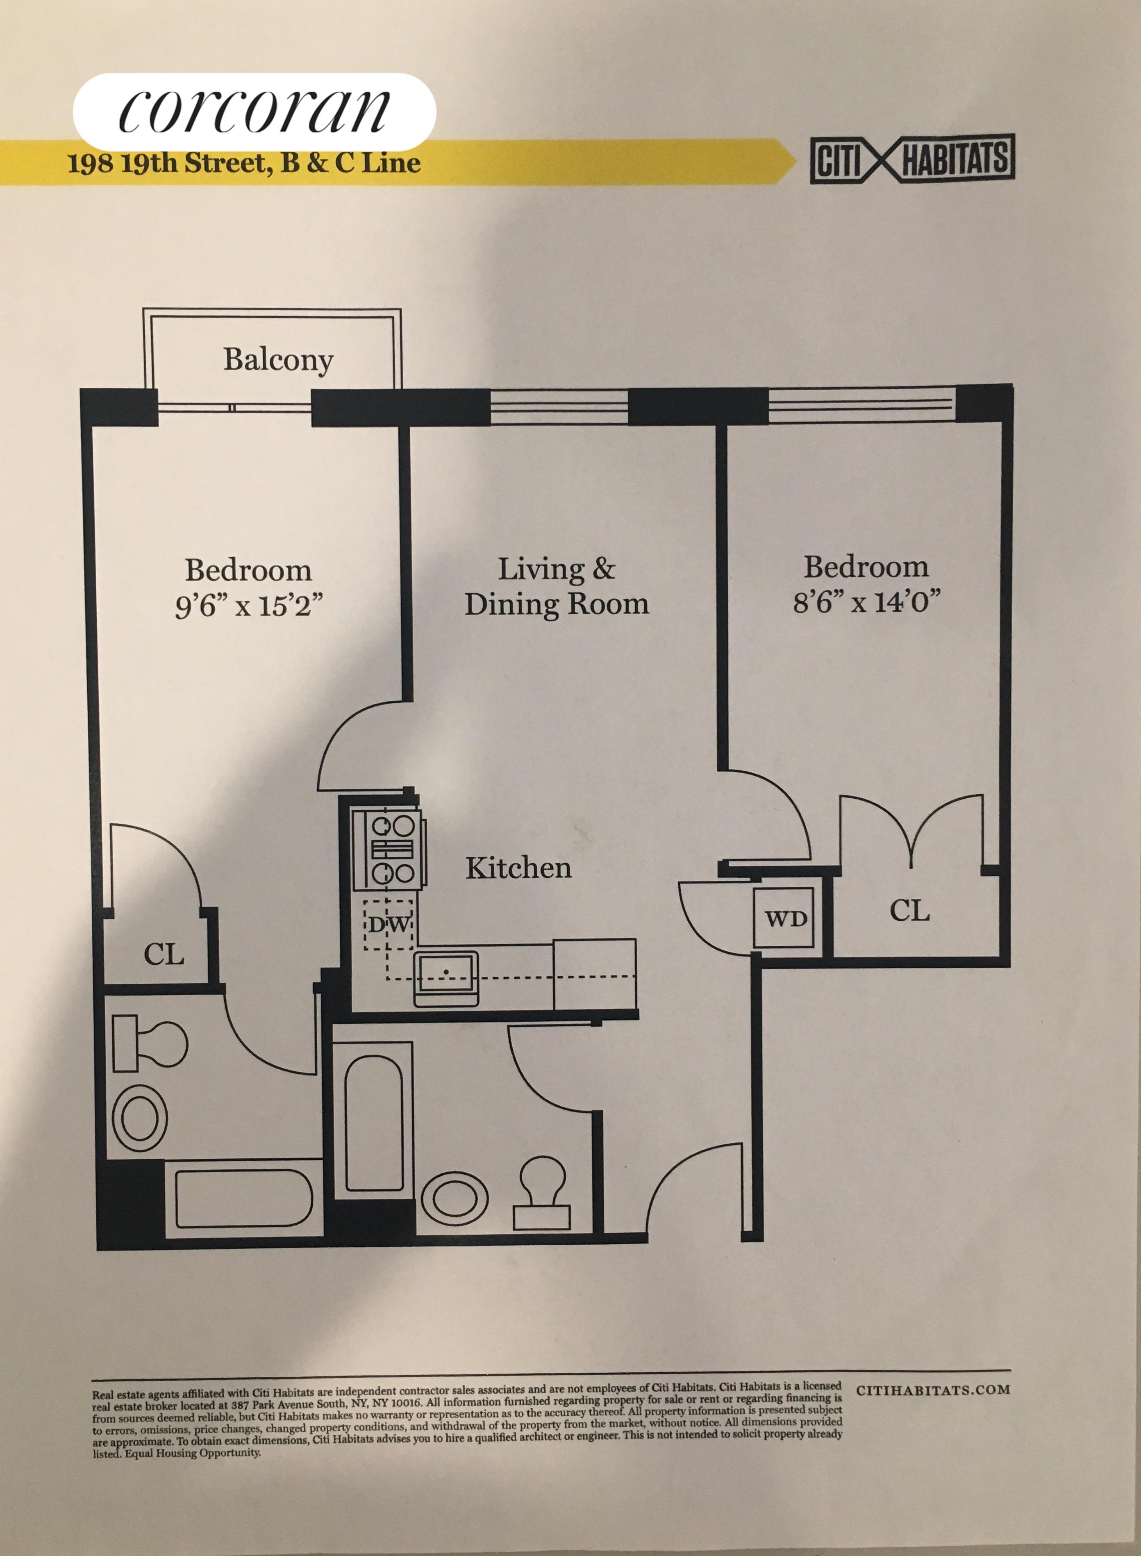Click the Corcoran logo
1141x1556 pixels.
[254, 111]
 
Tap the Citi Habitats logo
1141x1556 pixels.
[912, 159]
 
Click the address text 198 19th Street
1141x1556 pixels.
[166, 164]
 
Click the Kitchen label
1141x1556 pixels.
[518, 868]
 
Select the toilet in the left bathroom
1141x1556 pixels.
[148, 1043]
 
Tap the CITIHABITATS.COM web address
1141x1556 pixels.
[932, 1390]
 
